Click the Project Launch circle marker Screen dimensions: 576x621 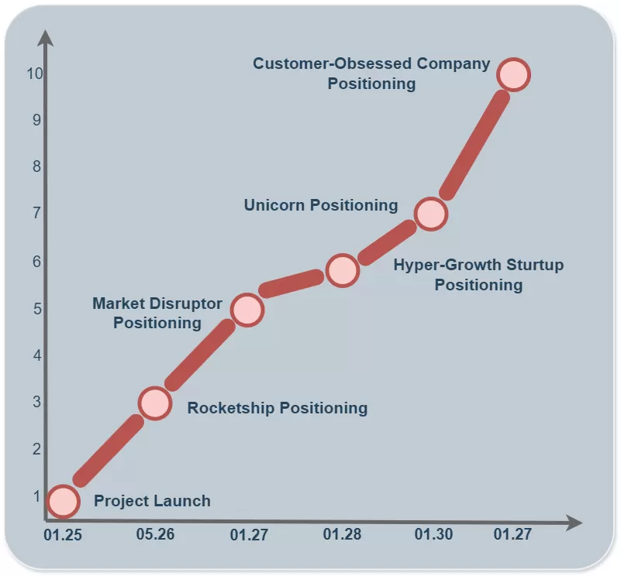[x=63, y=501]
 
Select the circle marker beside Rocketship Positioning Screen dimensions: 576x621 [x=155, y=403]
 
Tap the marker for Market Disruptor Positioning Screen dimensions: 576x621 [x=247, y=310]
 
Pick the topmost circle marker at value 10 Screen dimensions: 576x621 [x=512, y=74]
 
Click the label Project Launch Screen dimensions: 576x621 [x=152, y=501]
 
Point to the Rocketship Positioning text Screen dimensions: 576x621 [x=278, y=408]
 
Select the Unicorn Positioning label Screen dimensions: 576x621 [x=320, y=205]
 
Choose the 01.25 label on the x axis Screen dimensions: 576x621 [x=63, y=535]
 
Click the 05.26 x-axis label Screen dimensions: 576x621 [x=155, y=535]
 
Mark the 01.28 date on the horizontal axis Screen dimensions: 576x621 [x=342, y=535]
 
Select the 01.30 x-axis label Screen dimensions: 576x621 [x=433, y=535]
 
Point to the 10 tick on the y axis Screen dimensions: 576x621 [x=33, y=74]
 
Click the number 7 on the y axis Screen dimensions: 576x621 [x=36, y=213]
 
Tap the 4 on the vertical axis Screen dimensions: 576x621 [x=36, y=356]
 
